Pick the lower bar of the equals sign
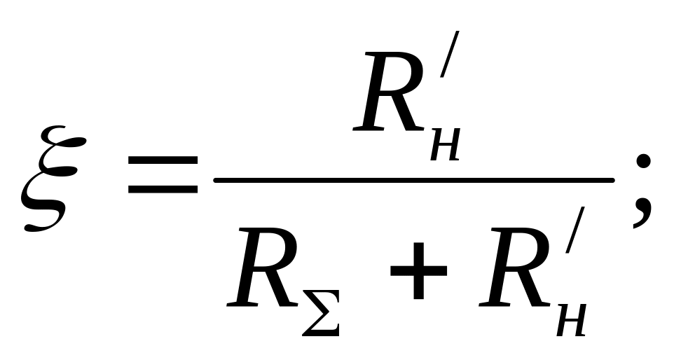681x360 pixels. click(x=162, y=190)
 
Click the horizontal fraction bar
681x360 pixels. click(x=414, y=179)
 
